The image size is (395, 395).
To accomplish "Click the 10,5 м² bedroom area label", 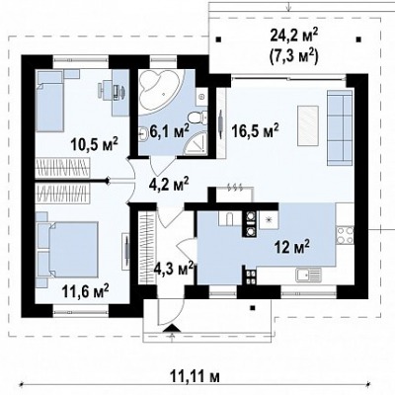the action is pyautogui.click(x=95, y=143).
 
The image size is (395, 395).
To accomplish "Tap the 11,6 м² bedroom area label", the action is pyautogui.click(x=85, y=291).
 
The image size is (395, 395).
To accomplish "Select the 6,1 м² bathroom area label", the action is pyautogui.click(x=169, y=130).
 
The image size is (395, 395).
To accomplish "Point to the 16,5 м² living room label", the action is pyautogui.click(x=256, y=130).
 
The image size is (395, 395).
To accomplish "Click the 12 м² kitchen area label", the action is pyautogui.click(x=292, y=247).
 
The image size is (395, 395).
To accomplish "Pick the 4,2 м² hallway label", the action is pyautogui.click(x=169, y=184).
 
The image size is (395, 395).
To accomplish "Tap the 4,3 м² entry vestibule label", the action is pyautogui.click(x=174, y=270).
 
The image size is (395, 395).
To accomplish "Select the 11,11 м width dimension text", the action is pyautogui.click(x=196, y=376).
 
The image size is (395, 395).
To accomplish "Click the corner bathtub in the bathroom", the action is pyautogui.click(x=158, y=87).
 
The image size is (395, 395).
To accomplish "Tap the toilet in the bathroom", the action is pyautogui.click(x=198, y=118).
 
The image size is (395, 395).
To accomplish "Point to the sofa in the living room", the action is pyautogui.click(x=340, y=127).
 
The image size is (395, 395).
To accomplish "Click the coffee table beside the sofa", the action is pyautogui.click(x=308, y=125).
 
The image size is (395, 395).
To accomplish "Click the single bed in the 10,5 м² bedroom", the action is pyautogui.click(x=49, y=101).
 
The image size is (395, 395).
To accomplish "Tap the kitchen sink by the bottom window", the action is pyautogui.click(x=308, y=275).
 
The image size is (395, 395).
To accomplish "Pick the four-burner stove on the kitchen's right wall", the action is pyautogui.click(x=345, y=235).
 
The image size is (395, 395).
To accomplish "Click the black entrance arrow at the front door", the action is pyautogui.click(x=172, y=328).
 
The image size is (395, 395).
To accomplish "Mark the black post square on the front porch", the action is pyautogui.click(x=253, y=308).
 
